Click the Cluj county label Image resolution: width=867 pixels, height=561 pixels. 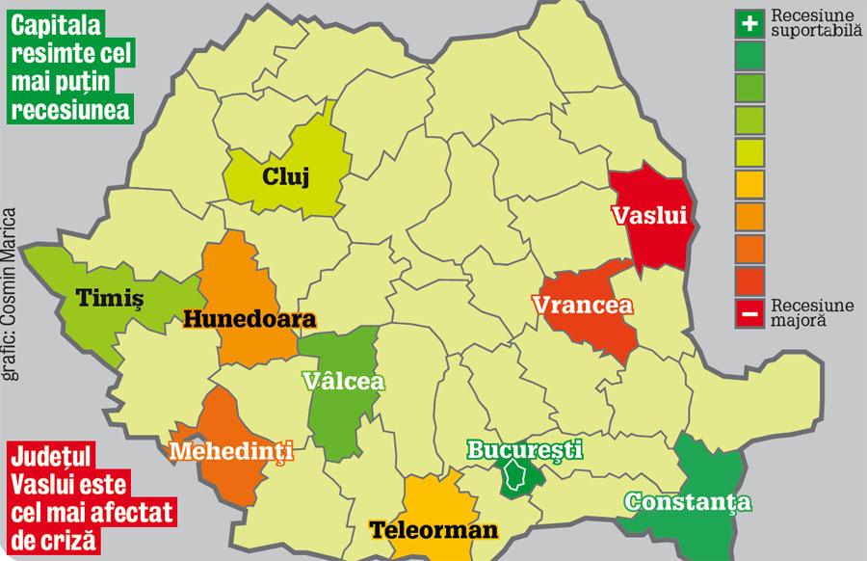(285, 176)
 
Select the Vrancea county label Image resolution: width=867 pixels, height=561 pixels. (582, 306)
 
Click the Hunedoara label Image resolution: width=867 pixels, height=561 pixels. (250, 319)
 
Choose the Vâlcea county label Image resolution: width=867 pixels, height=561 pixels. (343, 381)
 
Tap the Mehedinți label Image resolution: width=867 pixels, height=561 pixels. (230, 450)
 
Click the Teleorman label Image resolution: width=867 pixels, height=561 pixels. (433, 529)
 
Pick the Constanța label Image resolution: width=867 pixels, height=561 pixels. (687, 501)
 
